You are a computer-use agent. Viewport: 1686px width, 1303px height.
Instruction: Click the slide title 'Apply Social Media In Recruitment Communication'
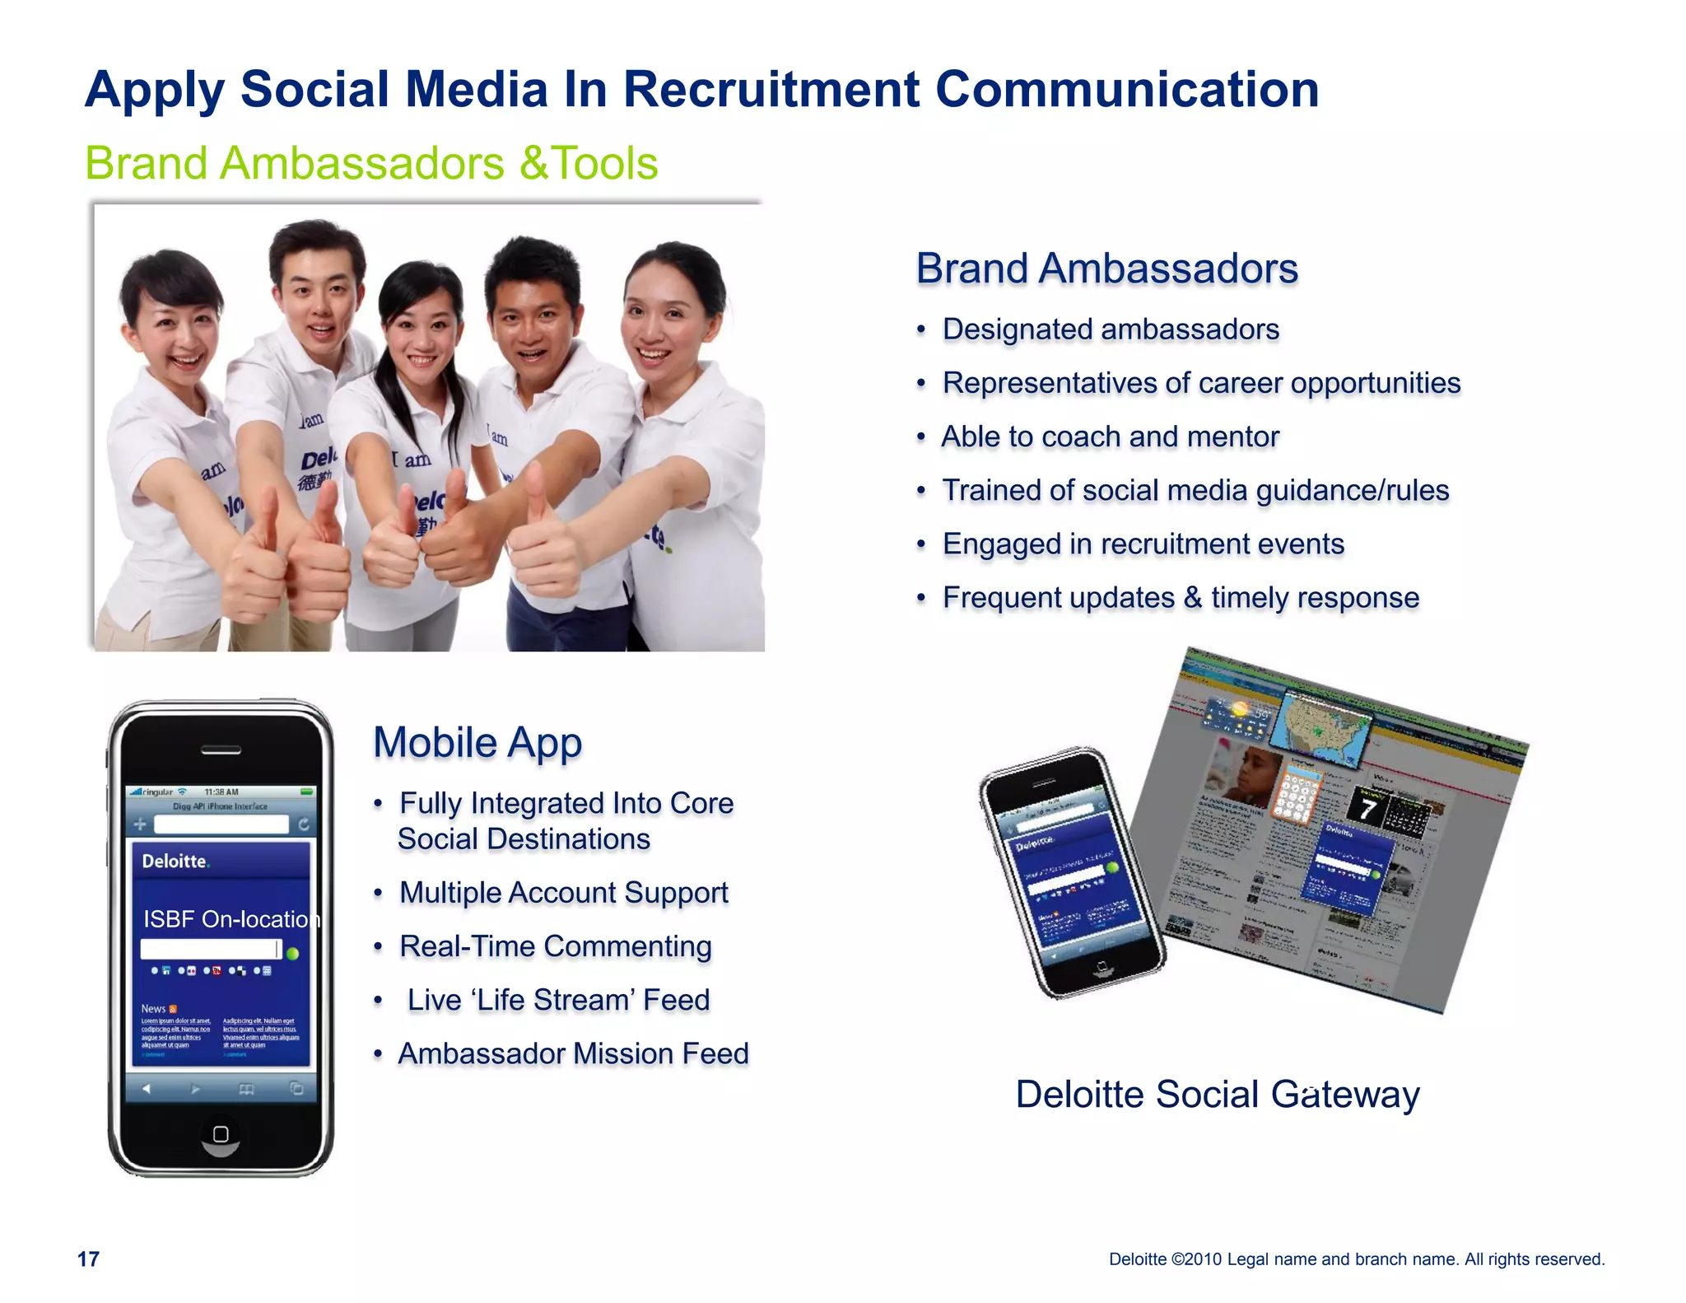[x=701, y=89]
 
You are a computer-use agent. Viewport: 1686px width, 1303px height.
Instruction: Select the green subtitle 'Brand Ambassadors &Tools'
[x=371, y=163]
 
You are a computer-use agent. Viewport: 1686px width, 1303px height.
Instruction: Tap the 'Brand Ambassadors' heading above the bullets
[x=1106, y=269]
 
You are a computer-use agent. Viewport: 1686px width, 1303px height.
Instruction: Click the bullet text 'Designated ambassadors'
[x=1111, y=329]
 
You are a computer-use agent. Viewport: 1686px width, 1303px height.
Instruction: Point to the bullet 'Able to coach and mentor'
[x=1111, y=437]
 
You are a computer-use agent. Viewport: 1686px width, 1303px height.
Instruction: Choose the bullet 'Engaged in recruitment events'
[x=1143, y=544]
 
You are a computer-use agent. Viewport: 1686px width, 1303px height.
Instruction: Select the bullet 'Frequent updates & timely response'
[x=1181, y=597]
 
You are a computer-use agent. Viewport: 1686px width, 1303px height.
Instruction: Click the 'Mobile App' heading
[x=477, y=742]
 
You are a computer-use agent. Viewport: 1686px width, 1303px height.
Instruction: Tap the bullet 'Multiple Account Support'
[x=564, y=893]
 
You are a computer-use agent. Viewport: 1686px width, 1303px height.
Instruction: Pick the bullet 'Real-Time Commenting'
[x=555, y=946]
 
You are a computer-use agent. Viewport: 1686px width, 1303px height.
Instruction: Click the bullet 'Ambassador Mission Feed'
[x=574, y=1053]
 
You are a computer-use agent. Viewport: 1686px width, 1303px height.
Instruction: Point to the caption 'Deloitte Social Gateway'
[x=1218, y=1095]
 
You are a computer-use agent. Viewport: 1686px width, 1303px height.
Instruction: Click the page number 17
[x=88, y=1259]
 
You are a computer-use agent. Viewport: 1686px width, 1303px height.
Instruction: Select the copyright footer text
[x=1357, y=1259]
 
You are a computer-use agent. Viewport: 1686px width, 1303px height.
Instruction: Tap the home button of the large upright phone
[x=221, y=1134]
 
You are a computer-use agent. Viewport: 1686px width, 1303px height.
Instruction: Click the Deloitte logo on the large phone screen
[x=175, y=862]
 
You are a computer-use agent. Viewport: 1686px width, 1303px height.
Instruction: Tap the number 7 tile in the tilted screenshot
[x=1368, y=808]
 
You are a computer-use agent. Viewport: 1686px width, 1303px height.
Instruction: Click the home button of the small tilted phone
[x=1101, y=967]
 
